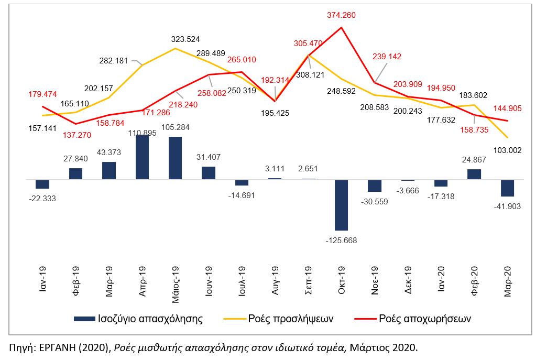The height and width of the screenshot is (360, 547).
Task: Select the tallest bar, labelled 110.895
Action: (143, 157)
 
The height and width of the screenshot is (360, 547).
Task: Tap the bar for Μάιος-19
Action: (176, 158)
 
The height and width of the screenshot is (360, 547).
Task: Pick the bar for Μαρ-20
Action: (507, 188)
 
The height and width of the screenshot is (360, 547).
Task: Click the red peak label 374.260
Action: (341, 15)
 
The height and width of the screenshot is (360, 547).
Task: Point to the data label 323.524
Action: (185, 39)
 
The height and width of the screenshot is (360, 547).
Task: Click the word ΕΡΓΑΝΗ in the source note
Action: (58, 347)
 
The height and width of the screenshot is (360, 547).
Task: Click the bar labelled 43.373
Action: (109, 170)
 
